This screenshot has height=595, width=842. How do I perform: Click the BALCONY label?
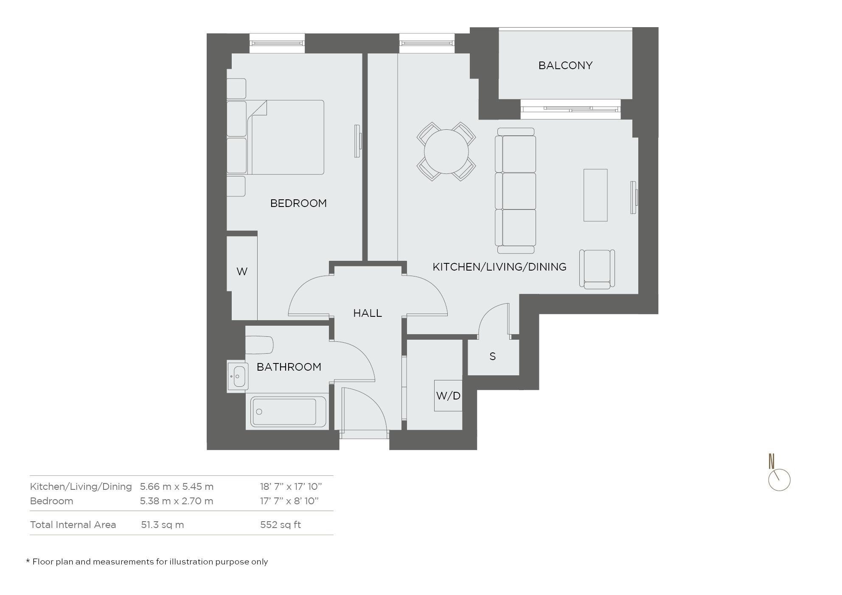pos(565,65)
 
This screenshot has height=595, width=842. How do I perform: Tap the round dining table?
pos(446,151)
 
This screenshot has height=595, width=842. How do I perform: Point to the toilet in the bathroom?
pos(259,345)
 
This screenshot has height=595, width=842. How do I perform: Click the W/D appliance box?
pos(448,396)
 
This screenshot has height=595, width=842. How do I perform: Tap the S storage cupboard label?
pos(492,356)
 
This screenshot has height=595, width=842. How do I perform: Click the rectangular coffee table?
pos(595,195)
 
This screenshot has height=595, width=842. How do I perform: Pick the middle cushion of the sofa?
pos(518,190)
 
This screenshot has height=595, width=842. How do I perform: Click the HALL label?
pos(368,313)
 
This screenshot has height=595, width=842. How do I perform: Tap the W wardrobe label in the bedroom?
pos(242,271)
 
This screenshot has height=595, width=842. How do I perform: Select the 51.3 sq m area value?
pos(162,525)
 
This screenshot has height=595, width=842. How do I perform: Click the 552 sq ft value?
pos(281,525)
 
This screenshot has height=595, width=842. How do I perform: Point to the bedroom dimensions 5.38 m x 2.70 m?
pos(177,501)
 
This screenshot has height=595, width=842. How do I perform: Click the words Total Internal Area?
pos(73,525)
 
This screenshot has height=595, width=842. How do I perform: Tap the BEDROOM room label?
pos(298,203)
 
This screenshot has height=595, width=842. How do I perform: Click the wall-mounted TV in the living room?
pos(634,198)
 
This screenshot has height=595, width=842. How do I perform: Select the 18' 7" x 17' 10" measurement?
pos(291,486)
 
